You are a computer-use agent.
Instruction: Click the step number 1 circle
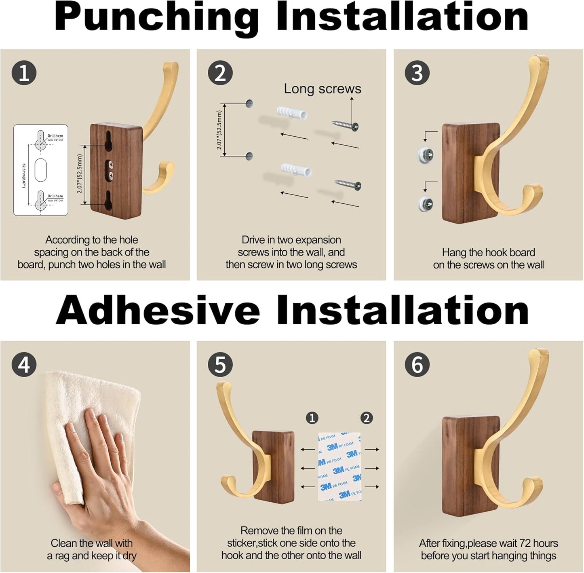point(24,73)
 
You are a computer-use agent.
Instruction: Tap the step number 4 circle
point(24,364)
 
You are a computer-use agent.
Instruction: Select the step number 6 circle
point(417,364)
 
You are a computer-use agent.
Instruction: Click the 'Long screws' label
point(322,89)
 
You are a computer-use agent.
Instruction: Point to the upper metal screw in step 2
point(345,125)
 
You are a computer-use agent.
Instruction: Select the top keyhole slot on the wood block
point(109,142)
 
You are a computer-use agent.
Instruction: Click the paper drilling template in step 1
point(40,170)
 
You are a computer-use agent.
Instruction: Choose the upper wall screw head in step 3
point(426,154)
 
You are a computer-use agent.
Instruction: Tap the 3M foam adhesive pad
point(339,466)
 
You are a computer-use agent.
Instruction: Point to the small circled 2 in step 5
point(366,418)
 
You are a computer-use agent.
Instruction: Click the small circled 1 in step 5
point(312,418)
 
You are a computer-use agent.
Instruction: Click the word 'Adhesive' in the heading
point(158,311)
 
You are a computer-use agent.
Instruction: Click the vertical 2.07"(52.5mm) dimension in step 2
point(219,130)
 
